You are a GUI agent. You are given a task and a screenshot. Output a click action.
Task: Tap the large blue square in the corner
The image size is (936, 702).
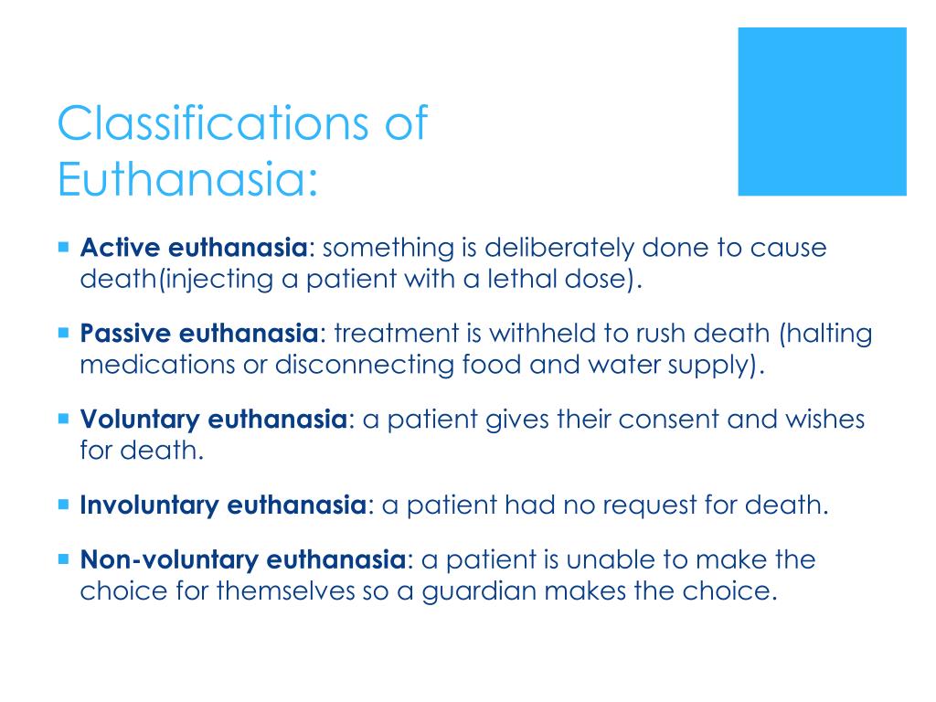pyautogui.click(x=822, y=111)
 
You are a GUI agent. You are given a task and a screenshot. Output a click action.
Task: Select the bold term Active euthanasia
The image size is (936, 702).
pyautogui.click(x=194, y=249)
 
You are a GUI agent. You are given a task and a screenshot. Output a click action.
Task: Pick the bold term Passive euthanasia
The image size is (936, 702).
pyautogui.click(x=200, y=335)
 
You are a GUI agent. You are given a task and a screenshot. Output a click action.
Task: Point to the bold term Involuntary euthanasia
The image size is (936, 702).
pyautogui.click(x=224, y=505)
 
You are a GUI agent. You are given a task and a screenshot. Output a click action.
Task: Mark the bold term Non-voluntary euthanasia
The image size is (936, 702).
pyautogui.click(x=242, y=559)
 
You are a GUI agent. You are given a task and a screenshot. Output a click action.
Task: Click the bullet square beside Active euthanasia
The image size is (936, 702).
pyautogui.click(x=63, y=247)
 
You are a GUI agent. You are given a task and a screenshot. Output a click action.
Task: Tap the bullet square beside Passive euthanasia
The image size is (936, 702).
pyautogui.click(x=63, y=333)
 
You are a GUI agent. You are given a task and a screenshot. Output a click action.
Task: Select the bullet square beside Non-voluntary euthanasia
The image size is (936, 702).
pyautogui.click(x=63, y=558)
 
